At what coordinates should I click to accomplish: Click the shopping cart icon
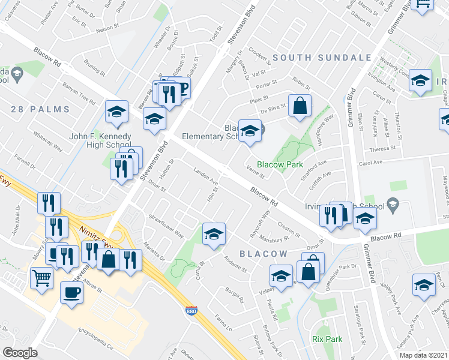pos(41,277)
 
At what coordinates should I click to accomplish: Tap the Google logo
pos(20,352)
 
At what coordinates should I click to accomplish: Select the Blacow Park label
pos(279,164)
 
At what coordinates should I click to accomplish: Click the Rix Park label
pos(327,339)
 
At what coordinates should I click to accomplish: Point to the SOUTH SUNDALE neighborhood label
pos(322,58)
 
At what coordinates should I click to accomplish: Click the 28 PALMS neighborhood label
pos(41,109)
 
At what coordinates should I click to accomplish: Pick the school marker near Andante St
pos(213,235)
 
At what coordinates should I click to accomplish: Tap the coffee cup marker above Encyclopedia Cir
pos(72,292)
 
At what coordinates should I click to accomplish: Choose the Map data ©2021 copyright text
pos(424,355)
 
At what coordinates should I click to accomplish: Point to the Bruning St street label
pos(94,72)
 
